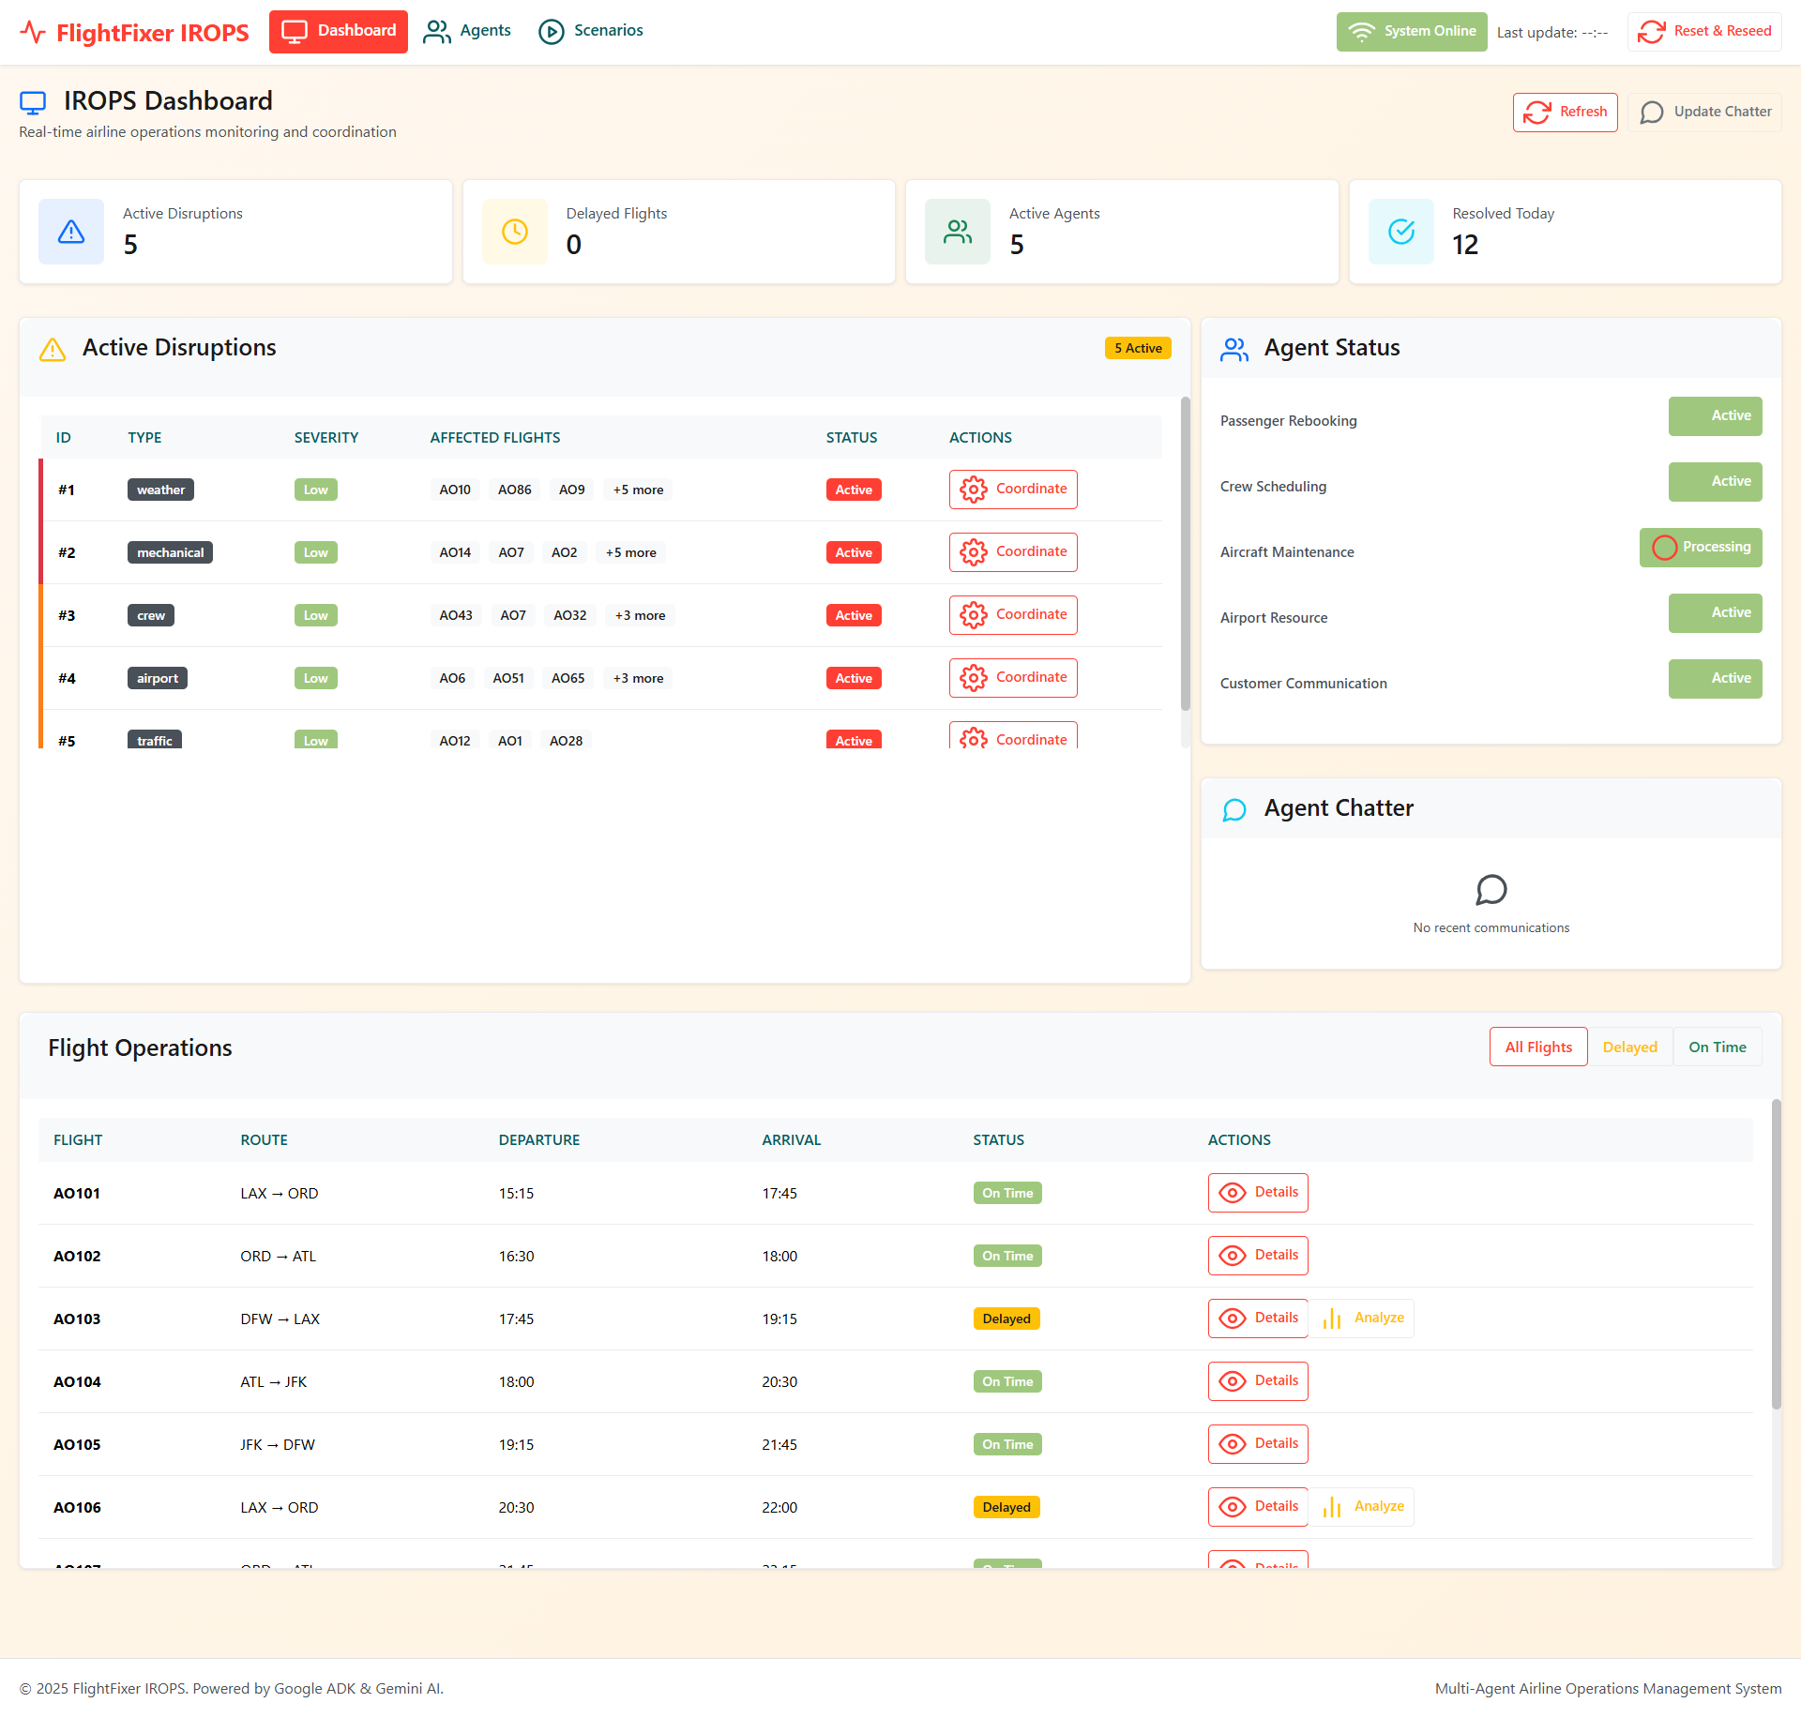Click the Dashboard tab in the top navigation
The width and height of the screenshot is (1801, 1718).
[x=338, y=31]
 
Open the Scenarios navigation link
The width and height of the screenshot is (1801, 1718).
[x=591, y=31]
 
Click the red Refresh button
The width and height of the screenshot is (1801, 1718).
[x=1565, y=113]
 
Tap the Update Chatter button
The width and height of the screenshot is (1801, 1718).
[x=1704, y=113]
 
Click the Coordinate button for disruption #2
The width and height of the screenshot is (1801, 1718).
[x=1012, y=552]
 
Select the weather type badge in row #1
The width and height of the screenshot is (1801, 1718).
[x=160, y=490]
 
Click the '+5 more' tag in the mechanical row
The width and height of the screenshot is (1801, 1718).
[x=630, y=552]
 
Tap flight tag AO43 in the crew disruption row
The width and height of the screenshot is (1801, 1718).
[x=456, y=615]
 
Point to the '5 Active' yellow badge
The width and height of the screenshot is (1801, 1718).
[x=1137, y=348]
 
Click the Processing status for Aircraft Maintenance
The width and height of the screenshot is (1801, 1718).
[x=1700, y=548]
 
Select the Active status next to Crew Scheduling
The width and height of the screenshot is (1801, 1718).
[x=1715, y=482]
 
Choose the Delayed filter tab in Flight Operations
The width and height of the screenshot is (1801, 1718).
[x=1629, y=1047]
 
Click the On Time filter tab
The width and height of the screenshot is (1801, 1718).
[x=1717, y=1047]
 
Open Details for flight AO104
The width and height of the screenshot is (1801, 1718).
[x=1257, y=1381]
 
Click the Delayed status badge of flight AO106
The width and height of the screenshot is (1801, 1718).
[x=1006, y=1507]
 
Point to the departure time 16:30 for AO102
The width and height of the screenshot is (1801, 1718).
[x=516, y=1256]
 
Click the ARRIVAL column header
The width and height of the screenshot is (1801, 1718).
[x=791, y=1140]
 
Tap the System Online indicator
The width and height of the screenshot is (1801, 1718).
[x=1411, y=32]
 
